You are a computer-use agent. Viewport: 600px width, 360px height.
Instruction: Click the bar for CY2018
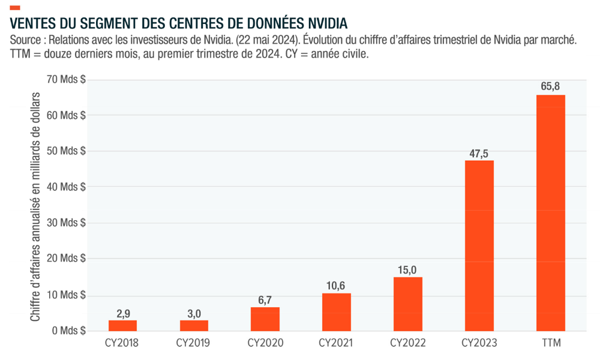pyautogui.click(x=122, y=325)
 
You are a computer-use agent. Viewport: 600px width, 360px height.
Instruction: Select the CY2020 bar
pyautogui.click(x=265, y=319)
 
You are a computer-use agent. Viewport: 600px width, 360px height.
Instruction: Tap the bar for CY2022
pyautogui.click(x=408, y=304)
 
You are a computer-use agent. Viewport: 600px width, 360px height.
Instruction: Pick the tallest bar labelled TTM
pyautogui.click(x=550, y=212)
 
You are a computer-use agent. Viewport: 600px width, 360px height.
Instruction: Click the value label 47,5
pyautogui.click(x=479, y=154)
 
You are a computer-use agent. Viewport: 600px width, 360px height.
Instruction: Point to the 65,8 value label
pyautogui.click(x=550, y=87)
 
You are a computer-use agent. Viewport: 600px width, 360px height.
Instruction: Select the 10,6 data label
pyautogui.click(x=337, y=286)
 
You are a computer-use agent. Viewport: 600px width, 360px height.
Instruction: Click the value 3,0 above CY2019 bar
pyautogui.click(x=194, y=313)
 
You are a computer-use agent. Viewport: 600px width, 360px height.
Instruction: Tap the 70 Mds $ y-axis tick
pyautogui.click(x=66, y=79)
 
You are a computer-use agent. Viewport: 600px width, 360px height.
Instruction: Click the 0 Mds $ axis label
pyautogui.click(x=69, y=331)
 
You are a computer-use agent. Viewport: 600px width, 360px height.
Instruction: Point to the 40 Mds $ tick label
pyautogui.click(x=66, y=187)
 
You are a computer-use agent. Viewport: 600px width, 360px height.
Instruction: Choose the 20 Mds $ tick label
pyautogui.click(x=66, y=259)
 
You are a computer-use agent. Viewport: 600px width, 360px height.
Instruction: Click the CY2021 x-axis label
pyautogui.click(x=336, y=343)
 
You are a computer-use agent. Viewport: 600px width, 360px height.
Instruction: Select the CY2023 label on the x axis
pyautogui.click(x=479, y=343)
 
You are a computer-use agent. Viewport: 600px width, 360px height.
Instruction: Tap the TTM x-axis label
pyautogui.click(x=550, y=343)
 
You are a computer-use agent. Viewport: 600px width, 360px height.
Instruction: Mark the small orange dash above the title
pyautogui.click(x=15, y=7)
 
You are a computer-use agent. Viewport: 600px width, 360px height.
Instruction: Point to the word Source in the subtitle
pyautogui.click(x=26, y=40)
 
